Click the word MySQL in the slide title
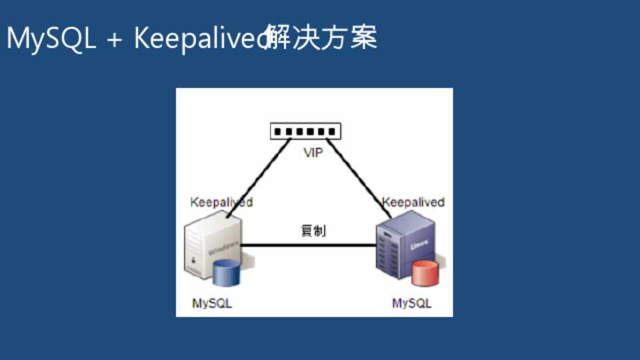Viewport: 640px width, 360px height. pos(51,39)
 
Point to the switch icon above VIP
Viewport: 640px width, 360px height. pos(305,131)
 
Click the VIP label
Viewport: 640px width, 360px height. pos(313,153)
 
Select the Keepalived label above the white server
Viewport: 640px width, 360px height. pos(221,202)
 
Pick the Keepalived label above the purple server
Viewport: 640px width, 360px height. pos(413,202)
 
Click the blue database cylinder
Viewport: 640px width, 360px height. pos(227,273)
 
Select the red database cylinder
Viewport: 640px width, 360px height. pos(425,274)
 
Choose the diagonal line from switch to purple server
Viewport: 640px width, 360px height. pos(360,177)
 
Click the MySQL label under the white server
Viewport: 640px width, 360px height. pos(212,303)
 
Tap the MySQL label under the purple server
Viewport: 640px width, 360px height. pos(411,303)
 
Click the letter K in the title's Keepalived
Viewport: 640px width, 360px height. pos(142,39)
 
